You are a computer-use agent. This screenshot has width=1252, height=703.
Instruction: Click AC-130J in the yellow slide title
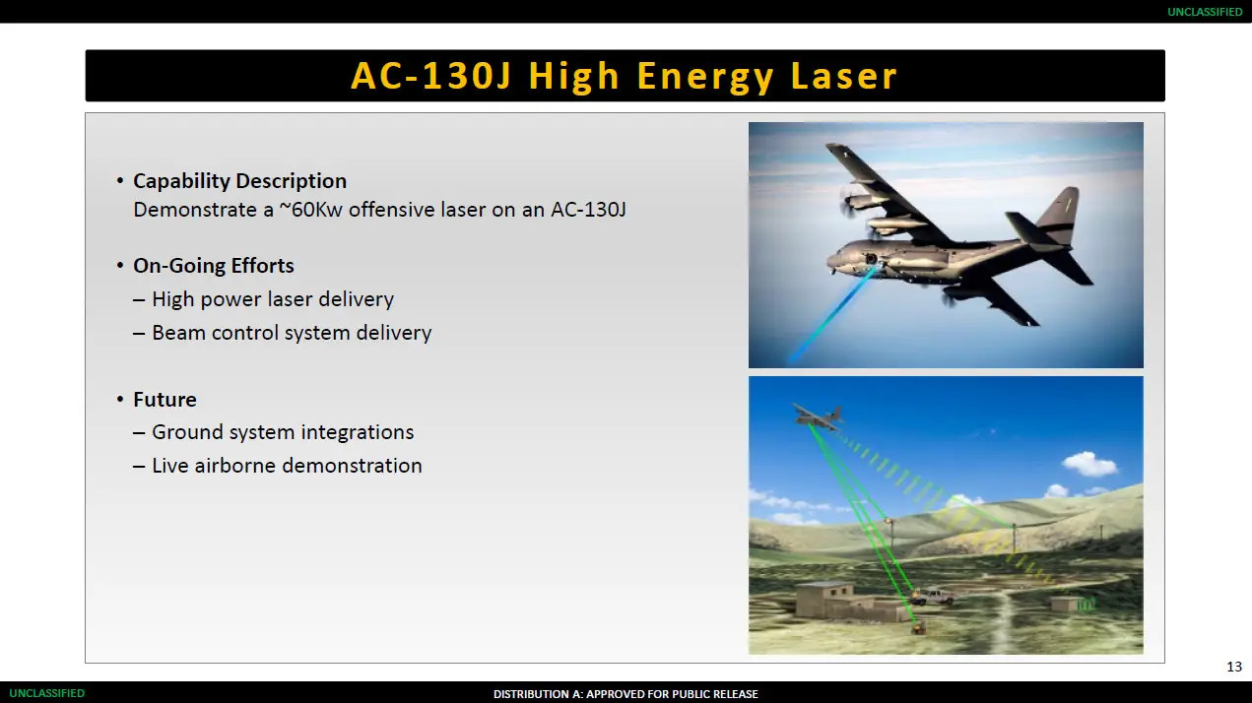tap(430, 76)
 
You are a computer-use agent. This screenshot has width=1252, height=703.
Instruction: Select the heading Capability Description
tap(239, 181)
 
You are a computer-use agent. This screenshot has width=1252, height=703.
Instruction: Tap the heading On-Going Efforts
tap(214, 266)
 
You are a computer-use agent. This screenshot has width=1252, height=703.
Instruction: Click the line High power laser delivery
tap(273, 299)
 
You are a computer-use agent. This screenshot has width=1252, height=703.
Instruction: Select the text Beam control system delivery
tap(292, 333)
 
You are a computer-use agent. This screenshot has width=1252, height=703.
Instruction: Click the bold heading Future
tap(165, 400)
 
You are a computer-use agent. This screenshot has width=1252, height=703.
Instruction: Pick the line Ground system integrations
tap(283, 432)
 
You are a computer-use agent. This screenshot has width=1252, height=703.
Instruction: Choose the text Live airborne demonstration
tap(287, 466)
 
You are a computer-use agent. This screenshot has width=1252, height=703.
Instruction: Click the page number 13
tap(1234, 668)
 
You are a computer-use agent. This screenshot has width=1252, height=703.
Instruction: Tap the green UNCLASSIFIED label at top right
tap(1205, 12)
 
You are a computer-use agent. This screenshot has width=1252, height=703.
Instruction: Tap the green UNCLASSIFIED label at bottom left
tap(47, 693)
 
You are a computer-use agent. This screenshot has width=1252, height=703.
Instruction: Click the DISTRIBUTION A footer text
tap(626, 694)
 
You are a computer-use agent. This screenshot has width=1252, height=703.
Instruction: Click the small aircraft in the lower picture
tap(817, 416)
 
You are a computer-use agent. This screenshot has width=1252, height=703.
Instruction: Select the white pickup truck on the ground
tap(931, 596)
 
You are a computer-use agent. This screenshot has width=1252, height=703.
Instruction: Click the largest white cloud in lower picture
tap(1088, 464)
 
